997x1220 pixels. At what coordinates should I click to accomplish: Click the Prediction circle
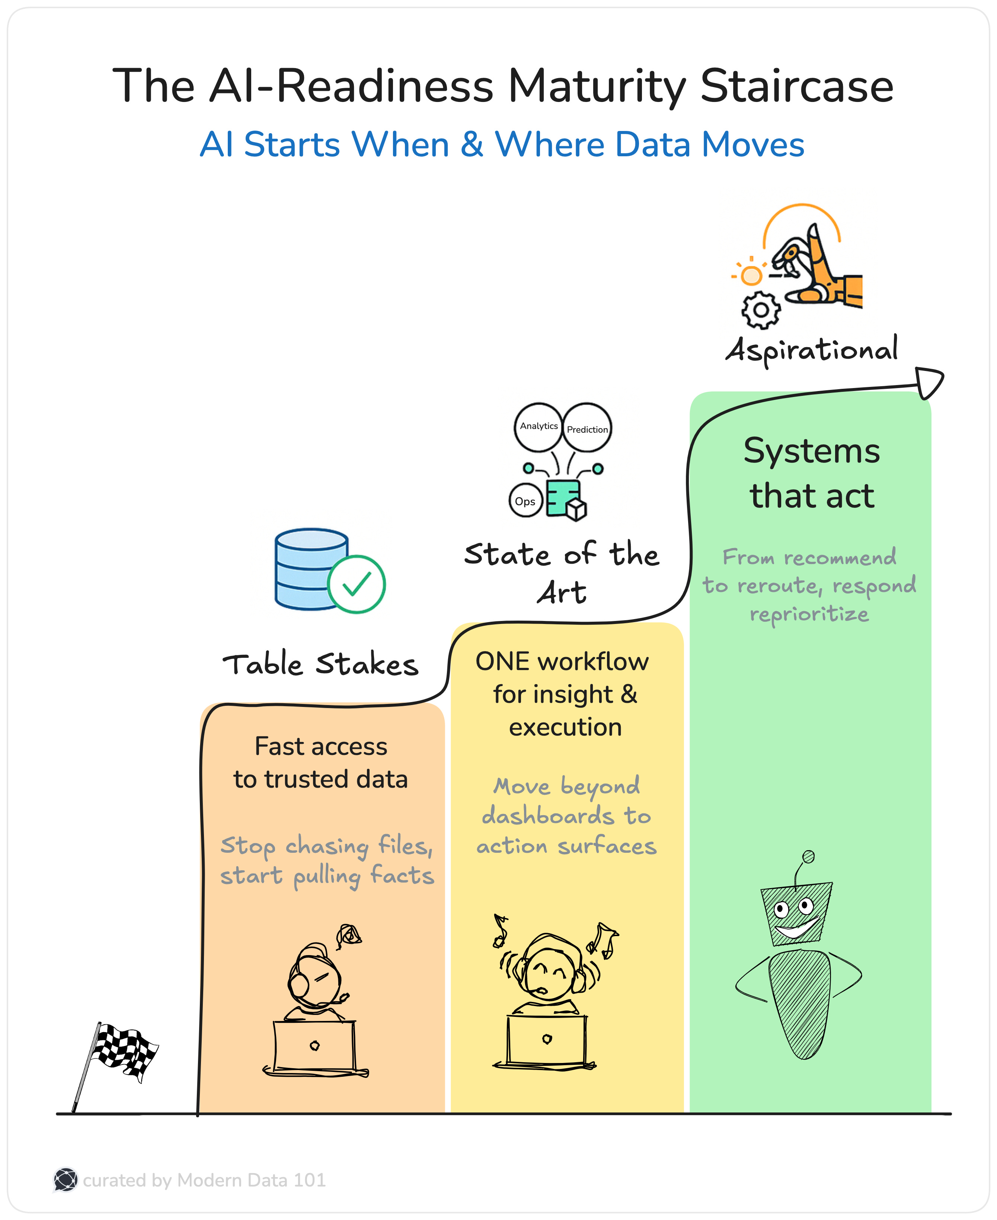[x=587, y=428]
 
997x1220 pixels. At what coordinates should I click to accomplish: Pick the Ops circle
[x=525, y=501]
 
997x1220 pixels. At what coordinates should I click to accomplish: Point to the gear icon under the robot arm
[x=760, y=310]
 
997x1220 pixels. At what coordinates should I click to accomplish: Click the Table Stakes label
[x=320, y=665]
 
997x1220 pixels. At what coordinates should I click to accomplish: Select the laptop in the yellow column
[x=546, y=1040]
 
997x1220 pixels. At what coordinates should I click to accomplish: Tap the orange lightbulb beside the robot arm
[x=751, y=275]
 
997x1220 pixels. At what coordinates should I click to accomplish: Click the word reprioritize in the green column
[x=809, y=614]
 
